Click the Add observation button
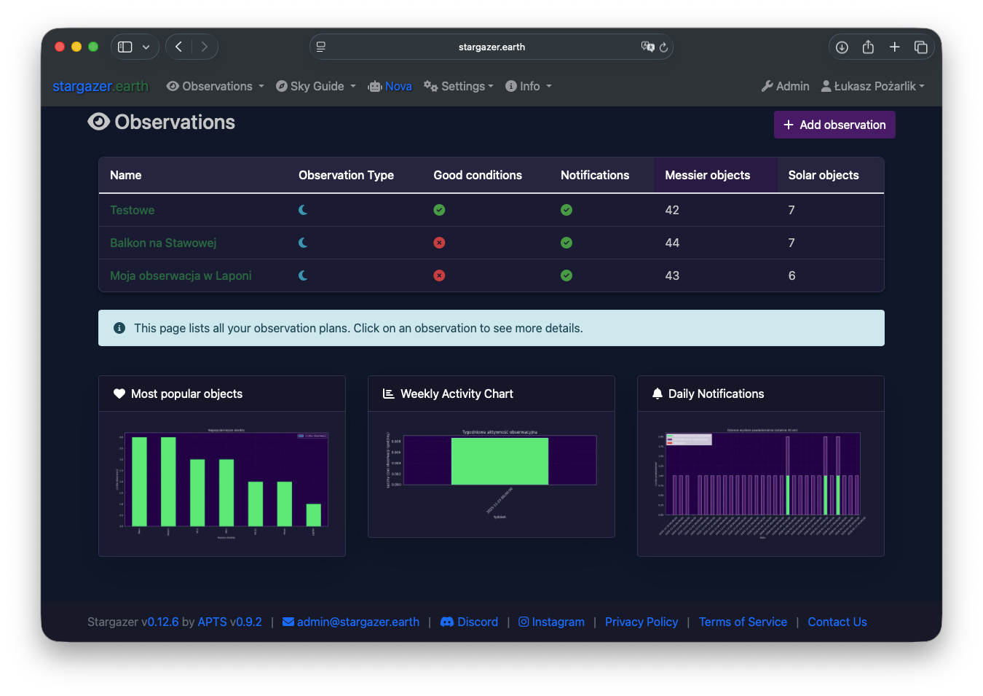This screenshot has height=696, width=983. pyautogui.click(x=834, y=125)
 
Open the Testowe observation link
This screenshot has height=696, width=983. pyautogui.click(x=132, y=210)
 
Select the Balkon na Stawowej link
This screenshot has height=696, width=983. pyautogui.click(x=163, y=243)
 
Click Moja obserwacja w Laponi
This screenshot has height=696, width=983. pyautogui.click(x=181, y=275)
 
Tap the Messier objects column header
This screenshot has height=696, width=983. pyautogui.click(x=707, y=175)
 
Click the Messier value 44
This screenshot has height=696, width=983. pyautogui.click(x=672, y=243)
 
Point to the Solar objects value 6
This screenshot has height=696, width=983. pyautogui.click(x=791, y=275)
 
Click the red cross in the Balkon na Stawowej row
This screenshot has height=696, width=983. pyautogui.click(x=439, y=243)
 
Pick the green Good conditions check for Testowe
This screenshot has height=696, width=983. pyautogui.click(x=439, y=210)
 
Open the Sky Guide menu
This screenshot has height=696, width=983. pyautogui.click(x=316, y=86)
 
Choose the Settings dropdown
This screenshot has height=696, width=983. pyautogui.click(x=459, y=86)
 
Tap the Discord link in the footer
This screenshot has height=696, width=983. pyautogui.click(x=470, y=622)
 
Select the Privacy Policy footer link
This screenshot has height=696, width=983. pyautogui.click(x=641, y=622)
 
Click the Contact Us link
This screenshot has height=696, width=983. pyautogui.click(x=837, y=622)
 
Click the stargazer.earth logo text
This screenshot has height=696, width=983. pyautogui.click(x=100, y=86)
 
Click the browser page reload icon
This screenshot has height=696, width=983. pyautogui.click(x=663, y=47)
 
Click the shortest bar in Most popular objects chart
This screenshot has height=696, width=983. pyautogui.click(x=314, y=515)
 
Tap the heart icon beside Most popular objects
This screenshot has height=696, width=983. pyautogui.click(x=119, y=394)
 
